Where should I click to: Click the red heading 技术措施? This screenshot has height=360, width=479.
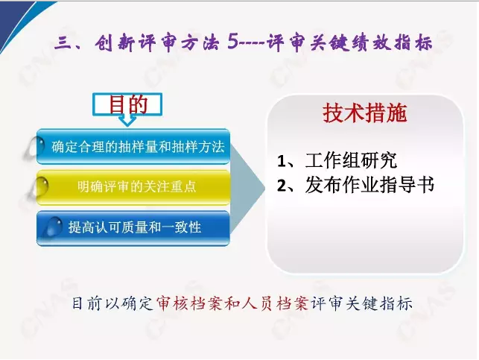(x=365, y=113)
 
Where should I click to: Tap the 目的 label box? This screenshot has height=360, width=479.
(x=127, y=105)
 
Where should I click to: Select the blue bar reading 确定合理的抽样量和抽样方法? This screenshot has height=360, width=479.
(x=133, y=146)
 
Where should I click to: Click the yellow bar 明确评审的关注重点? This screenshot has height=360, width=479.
(x=133, y=187)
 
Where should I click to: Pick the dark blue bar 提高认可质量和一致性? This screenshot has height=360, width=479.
(x=133, y=227)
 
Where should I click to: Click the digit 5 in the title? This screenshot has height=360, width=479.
(x=232, y=41)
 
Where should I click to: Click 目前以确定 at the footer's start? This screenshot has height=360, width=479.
(x=112, y=304)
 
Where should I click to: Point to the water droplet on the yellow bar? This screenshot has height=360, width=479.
(x=39, y=186)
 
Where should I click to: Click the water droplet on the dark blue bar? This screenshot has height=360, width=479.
(x=53, y=227)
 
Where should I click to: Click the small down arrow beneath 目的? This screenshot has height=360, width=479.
(x=127, y=121)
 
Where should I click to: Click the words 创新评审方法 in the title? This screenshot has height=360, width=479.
(x=156, y=42)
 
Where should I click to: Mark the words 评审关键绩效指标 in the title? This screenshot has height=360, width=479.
(x=350, y=42)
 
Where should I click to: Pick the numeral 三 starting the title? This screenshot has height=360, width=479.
(x=63, y=42)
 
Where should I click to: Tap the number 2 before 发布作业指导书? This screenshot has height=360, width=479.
(x=281, y=186)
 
